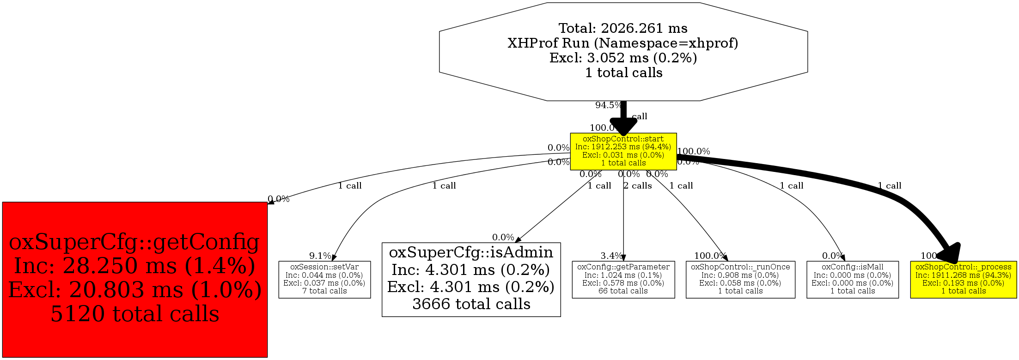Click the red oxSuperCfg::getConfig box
[134, 279]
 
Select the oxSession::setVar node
[324, 279]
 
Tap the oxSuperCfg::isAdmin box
[471, 279]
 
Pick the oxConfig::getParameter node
[623, 279]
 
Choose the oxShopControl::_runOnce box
[740, 279]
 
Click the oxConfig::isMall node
[852, 279]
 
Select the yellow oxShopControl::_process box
[963, 279]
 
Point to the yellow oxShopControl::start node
[623, 151]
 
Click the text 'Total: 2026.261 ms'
[623, 28]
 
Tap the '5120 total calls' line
[134, 314]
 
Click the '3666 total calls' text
[471, 304]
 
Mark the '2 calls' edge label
[638, 186]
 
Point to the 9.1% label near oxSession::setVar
[320, 256]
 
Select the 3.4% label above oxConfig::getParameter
[611, 256]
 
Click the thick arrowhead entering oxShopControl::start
[623, 126]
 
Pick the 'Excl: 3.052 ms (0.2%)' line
[623, 58]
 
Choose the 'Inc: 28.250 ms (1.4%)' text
[134, 266]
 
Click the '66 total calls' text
[623, 291]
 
